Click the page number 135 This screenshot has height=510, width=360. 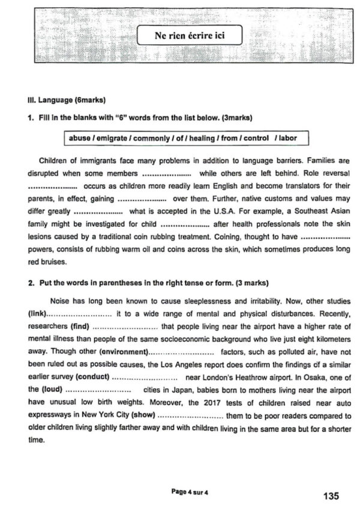tap(331, 496)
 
